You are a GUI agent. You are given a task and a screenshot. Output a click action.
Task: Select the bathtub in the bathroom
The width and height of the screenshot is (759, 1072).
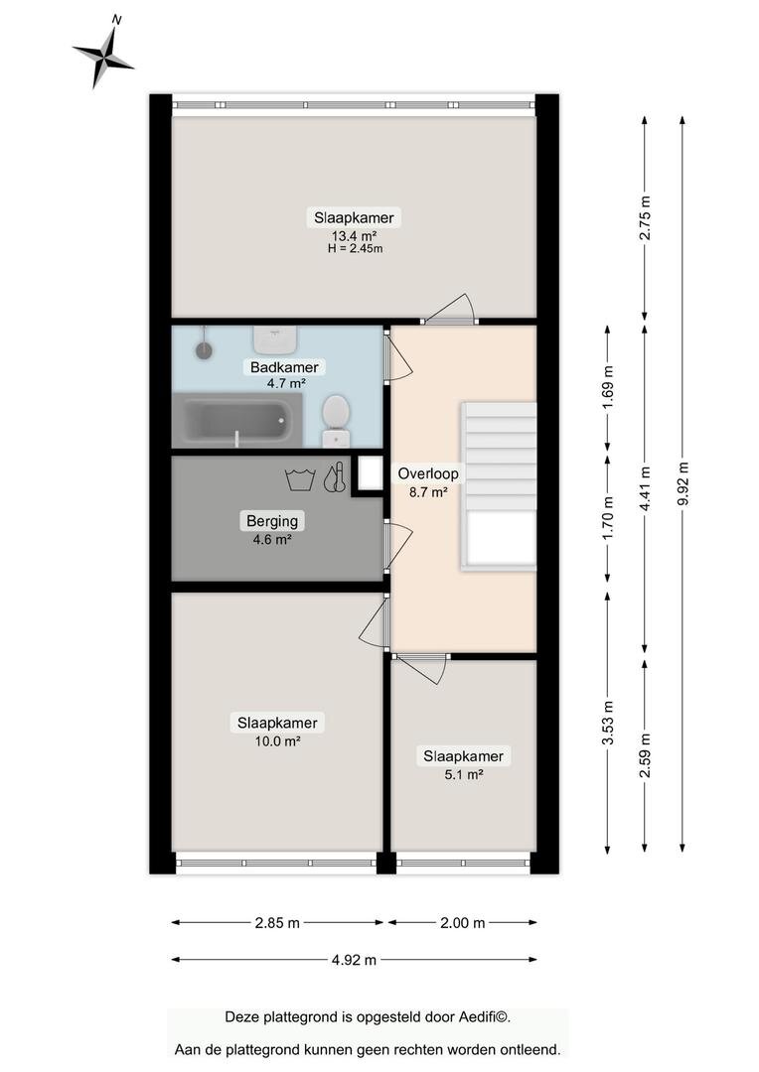click(237, 420)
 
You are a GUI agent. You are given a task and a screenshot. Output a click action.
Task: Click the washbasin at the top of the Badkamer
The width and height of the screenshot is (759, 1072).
click(274, 337)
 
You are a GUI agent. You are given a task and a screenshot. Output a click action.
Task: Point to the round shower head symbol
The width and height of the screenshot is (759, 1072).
click(204, 349)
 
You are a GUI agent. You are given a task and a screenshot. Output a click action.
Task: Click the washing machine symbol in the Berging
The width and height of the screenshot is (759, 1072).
click(300, 479)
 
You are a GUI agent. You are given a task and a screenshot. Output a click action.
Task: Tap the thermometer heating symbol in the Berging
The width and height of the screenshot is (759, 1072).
click(335, 477)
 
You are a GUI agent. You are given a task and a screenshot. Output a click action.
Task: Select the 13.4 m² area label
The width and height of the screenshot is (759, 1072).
click(355, 236)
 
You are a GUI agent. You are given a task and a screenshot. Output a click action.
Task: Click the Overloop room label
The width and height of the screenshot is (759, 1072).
click(428, 473)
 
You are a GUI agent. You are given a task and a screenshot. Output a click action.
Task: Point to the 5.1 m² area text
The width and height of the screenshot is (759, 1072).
click(464, 774)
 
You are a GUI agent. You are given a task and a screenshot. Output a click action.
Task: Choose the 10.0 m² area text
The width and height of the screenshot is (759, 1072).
click(278, 741)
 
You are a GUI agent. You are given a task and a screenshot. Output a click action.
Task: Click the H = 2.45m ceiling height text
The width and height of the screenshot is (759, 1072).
click(356, 249)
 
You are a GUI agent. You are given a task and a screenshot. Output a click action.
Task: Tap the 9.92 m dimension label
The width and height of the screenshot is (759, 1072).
click(683, 484)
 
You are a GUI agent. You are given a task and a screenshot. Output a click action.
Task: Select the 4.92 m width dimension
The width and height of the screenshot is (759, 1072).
click(354, 960)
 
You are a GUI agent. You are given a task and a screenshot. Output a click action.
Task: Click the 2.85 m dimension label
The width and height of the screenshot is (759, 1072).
click(277, 923)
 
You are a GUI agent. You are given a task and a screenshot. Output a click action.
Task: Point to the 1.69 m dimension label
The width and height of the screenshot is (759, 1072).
click(608, 387)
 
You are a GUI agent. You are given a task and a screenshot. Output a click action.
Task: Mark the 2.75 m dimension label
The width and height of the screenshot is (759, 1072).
click(645, 217)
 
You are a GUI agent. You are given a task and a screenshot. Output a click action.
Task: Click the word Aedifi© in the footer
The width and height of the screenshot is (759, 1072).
click(483, 1017)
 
